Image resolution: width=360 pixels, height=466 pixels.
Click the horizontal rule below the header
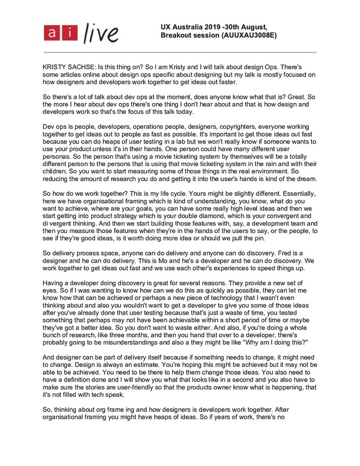click(180, 52)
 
